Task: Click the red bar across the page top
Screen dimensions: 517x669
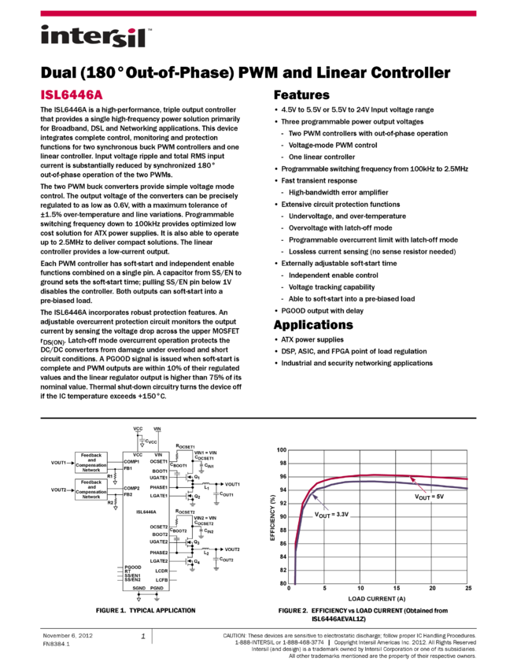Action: pyautogui.click(x=258, y=13)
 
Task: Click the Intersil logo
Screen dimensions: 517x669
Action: pyautogui.click(x=96, y=37)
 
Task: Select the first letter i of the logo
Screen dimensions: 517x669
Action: pyautogui.click(x=45, y=36)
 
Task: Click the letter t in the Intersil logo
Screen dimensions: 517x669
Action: pyautogui.click(x=72, y=36)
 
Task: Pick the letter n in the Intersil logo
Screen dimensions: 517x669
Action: pyautogui.click(x=58, y=38)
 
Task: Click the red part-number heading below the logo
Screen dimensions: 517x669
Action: pyautogui.click(x=72, y=95)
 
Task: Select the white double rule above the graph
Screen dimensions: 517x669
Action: pyautogui.click(x=258, y=419)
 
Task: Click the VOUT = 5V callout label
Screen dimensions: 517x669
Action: pyautogui.click(x=429, y=497)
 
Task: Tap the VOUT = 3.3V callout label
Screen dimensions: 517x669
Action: pyautogui.click(x=331, y=514)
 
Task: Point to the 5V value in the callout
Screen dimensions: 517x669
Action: pyautogui.click(x=440, y=497)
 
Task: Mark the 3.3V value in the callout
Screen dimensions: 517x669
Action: pyautogui.click(x=342, y=514)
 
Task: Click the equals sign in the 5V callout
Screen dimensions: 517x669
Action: pyautogui.click(x=433, y=497)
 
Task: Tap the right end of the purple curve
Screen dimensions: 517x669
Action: pyautogui.click(x=468, y=488)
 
